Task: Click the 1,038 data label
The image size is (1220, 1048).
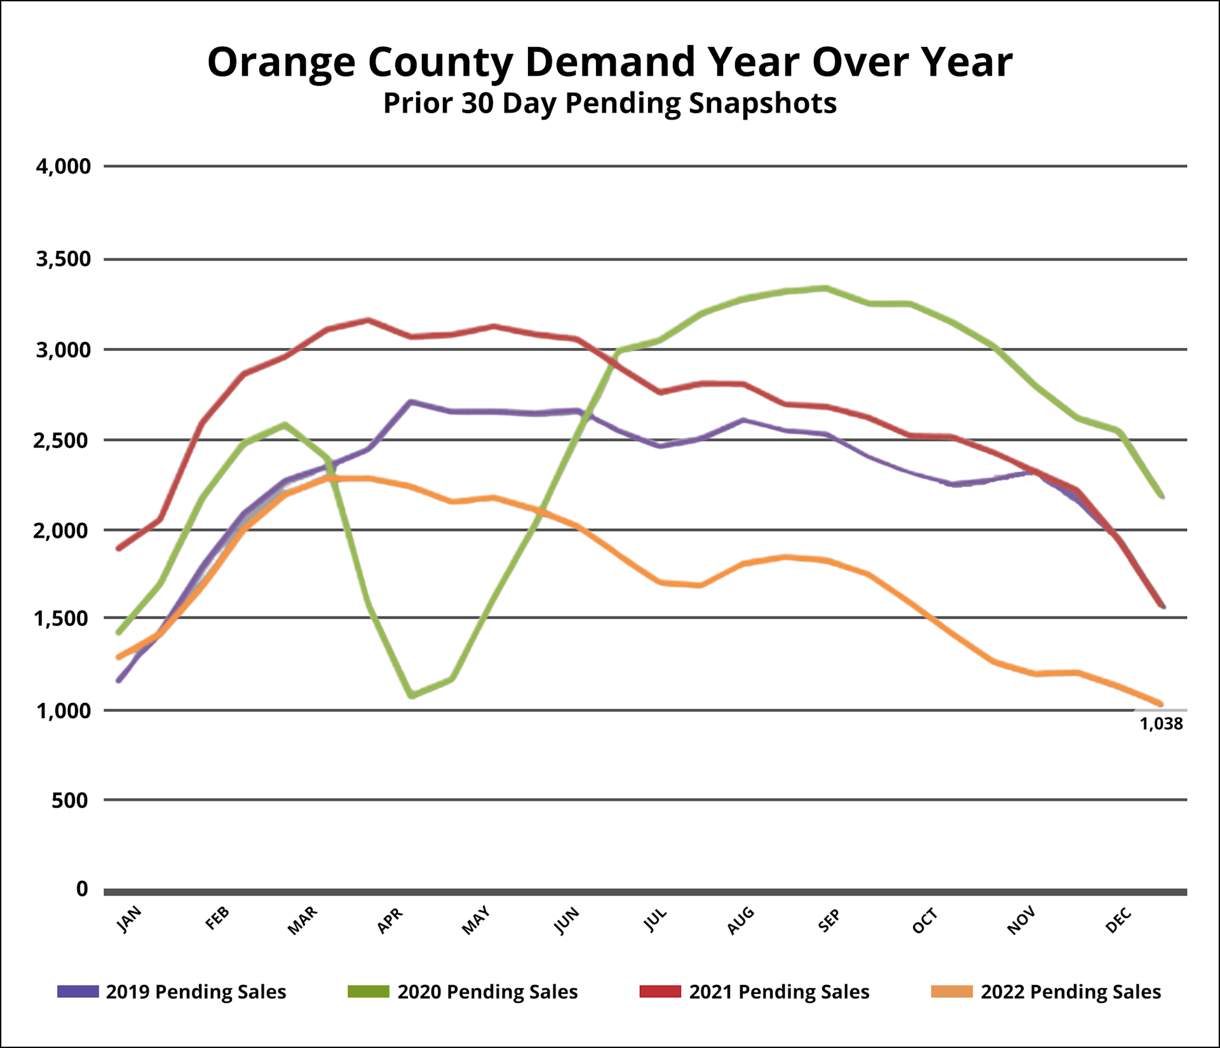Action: (1161, 724)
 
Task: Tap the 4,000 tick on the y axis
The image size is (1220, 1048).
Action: (64, 167)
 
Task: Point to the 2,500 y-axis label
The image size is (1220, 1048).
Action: (62, 440)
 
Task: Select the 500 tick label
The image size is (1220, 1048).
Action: (70, 800)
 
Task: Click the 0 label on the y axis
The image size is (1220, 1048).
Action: (82, 888)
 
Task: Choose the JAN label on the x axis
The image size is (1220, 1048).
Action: (130, 919)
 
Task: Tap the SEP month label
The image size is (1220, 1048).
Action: (829, 920)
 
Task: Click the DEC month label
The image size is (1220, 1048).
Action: (1118, 920)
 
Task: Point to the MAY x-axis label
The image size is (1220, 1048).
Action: (476, 920)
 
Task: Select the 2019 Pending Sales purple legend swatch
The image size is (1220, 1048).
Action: (78, 991)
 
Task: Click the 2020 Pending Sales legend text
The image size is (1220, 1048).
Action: (487, 991)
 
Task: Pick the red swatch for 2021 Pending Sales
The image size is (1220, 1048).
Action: (660, 991)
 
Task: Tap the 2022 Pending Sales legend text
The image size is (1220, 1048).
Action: (1071, 991)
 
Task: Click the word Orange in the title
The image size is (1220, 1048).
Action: (281, 62)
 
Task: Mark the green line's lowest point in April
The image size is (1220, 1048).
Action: (412, 696)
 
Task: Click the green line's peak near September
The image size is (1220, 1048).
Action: (825, 288)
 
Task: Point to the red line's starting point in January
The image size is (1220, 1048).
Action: (118, 548)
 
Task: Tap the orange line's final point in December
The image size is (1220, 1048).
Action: (1161, 704)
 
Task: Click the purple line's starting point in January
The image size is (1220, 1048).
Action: (118, 681)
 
